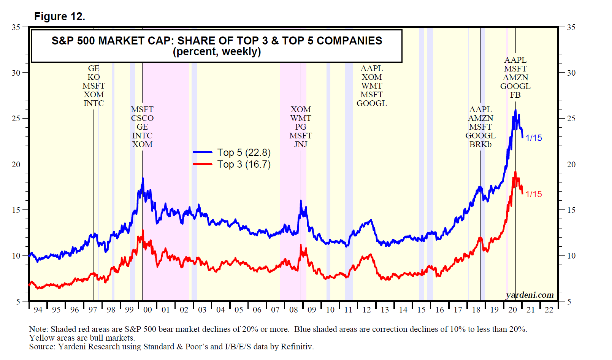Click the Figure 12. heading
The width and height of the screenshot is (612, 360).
point(59,16)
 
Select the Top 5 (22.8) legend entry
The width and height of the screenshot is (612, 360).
point(244,152)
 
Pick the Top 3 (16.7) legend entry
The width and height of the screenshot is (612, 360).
point(244,164)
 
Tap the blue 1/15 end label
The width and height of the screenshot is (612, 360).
point(534,138)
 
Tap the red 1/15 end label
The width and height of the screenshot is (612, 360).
point(534,194)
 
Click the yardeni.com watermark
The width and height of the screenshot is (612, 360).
point(530,295)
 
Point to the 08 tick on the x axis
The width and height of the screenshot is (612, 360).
point(293,310)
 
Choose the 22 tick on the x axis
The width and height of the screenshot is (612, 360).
point(549,310)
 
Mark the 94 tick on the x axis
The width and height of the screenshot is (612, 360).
point(38,310)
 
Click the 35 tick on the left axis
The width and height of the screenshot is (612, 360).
point(16,27)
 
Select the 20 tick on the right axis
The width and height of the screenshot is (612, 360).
point(571,164)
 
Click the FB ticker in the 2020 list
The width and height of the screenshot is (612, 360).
point(515,95)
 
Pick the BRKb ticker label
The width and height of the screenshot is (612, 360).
point(480,144)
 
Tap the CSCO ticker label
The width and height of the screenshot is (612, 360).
point(142,118)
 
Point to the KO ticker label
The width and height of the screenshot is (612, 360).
point(94,77)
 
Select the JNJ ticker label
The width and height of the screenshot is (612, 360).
point(301,144)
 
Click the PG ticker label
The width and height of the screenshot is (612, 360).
point(301,127)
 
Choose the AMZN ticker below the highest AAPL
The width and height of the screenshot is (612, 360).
point(515,78)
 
